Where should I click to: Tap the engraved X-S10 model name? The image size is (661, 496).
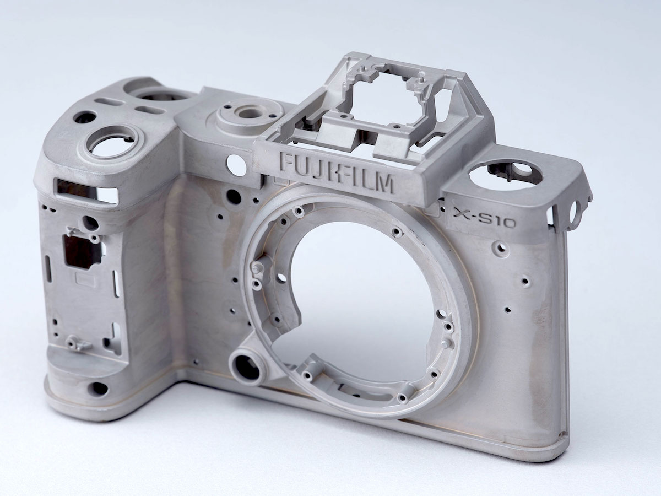tap(484, 218)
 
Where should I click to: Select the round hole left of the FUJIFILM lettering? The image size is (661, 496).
tap(237, 165)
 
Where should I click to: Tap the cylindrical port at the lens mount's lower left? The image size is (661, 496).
tap(247, 368)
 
